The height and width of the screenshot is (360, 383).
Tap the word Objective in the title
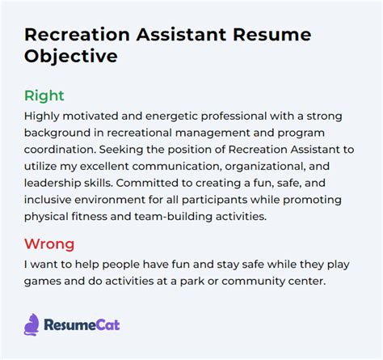coord(71,57)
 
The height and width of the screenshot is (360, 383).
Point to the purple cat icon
coord(32,324)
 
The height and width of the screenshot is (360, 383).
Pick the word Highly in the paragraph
coord(45,116)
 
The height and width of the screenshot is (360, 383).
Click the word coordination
coord(64,154)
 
